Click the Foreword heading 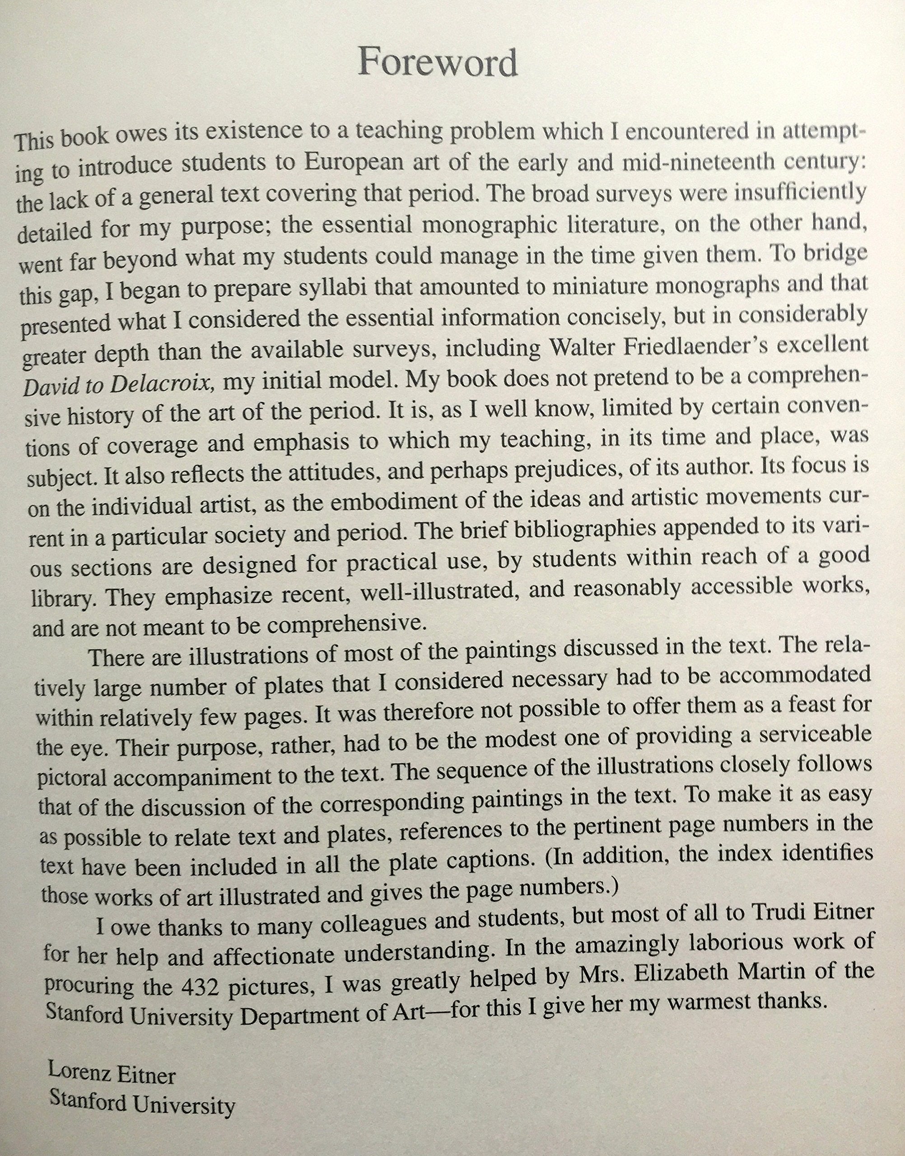[x=438, y=62]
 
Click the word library [x=65, y=599]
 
